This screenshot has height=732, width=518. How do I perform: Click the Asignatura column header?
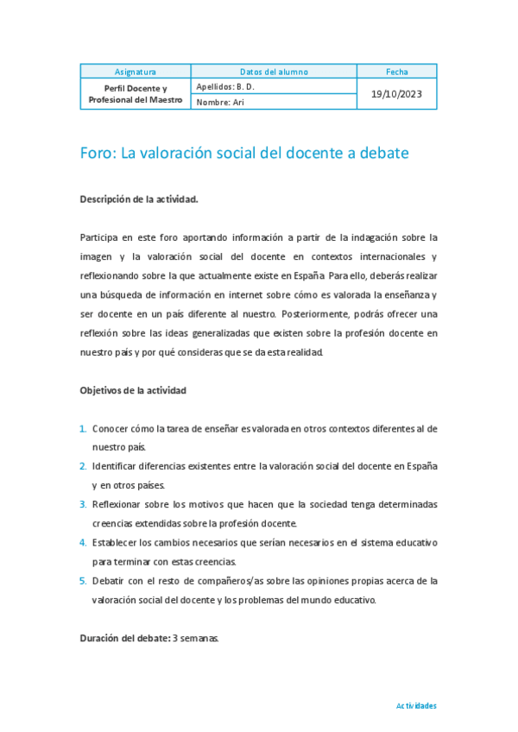[x=136, y=72]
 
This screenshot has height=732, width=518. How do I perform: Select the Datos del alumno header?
[x=274, y=72]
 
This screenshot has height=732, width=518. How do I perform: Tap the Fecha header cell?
[x=397, y=72]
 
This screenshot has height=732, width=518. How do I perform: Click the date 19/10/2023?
[x=397, y=93]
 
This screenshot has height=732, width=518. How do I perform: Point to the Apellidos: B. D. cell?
[x=226, y=86]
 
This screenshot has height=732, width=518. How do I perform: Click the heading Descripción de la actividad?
[x=139, y=199]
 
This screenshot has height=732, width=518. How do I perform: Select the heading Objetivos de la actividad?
[x=133, y=390]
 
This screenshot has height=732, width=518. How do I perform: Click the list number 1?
[x=83, y=428]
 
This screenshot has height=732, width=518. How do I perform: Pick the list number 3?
[x=83, y=504]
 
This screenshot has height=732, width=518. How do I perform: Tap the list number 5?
[x=83, y=581]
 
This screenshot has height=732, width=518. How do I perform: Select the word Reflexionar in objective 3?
[x=118, y=504]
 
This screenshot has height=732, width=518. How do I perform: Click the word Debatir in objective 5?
[x=108, y=581]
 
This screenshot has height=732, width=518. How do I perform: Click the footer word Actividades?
[x=416, y=705]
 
